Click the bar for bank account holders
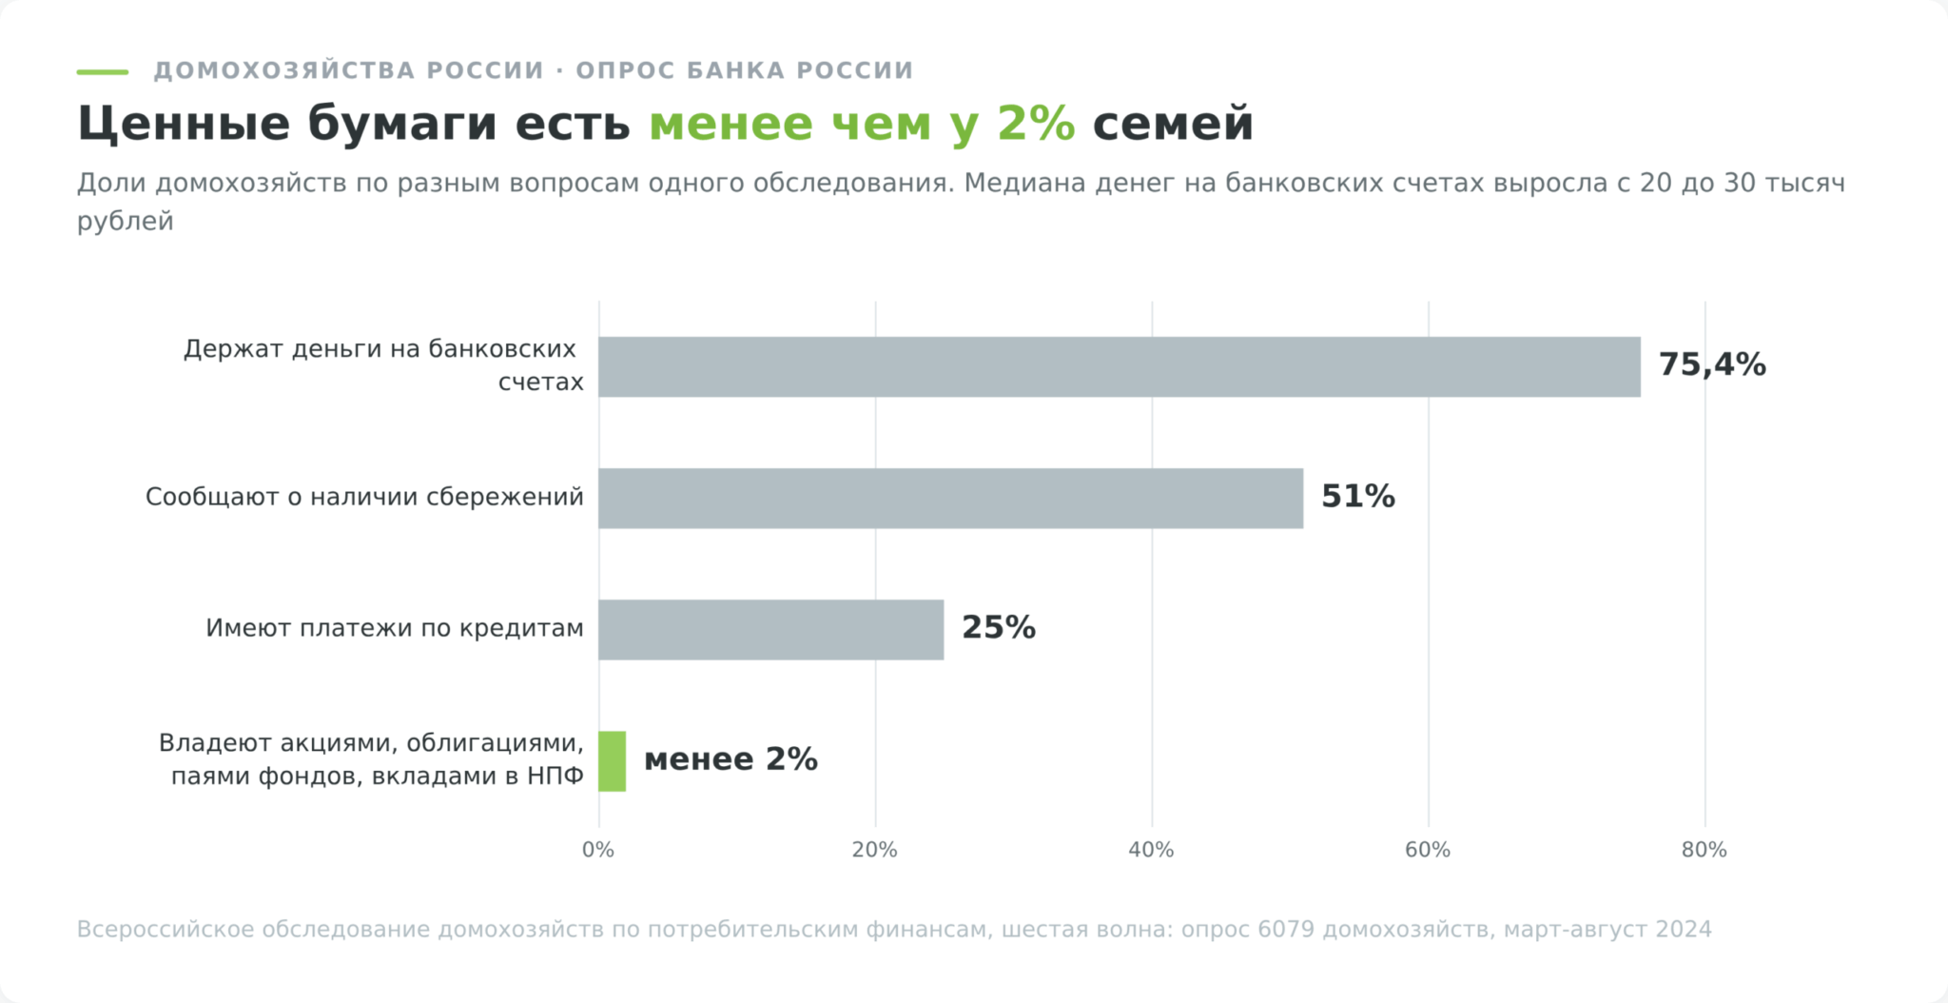[1120, 366]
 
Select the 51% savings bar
[951, 498]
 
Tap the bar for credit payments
[771, 629]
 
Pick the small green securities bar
[613, 761]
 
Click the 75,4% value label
[1712, 365]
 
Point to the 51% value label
[1358, 497]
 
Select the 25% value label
[999, 628]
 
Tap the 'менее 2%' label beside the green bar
[730, 759]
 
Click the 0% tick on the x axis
[598, 851]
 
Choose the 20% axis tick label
[875, 851]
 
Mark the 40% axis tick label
[1152, 851]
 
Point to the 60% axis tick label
[1428, 851]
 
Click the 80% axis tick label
[1704, 851]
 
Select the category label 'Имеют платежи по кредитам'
[395, 629]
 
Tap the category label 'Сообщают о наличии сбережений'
[364, 498]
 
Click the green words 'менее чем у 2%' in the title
[862, 124]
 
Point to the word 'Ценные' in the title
[184, 125]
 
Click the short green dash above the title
[103, 71]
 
